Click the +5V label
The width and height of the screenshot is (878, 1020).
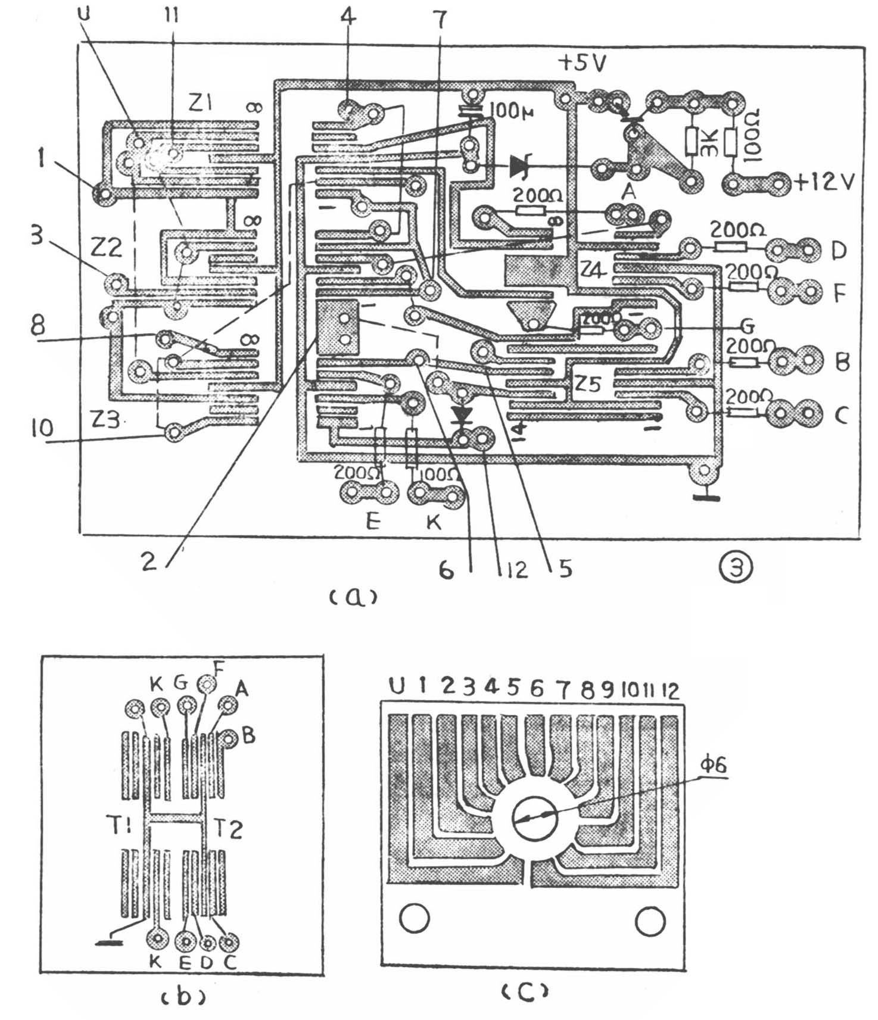tap(582, 62)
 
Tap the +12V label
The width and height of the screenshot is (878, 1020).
tap(825, 182)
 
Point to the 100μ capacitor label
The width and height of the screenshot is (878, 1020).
tap(509, 111)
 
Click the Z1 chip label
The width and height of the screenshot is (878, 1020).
tap(203, 105)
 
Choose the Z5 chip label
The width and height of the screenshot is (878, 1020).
tap(587, 384)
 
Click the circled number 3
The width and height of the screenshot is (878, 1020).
tap(737, 567)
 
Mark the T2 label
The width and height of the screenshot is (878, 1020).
tap(228, 828)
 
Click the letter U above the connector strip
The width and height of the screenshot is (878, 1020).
tap(396, 687)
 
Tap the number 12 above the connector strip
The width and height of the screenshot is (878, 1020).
tap(670, 690)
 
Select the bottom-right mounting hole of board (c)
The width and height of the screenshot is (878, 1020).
tap(650, 921)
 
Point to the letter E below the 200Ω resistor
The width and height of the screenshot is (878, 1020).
tap(373, 523)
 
